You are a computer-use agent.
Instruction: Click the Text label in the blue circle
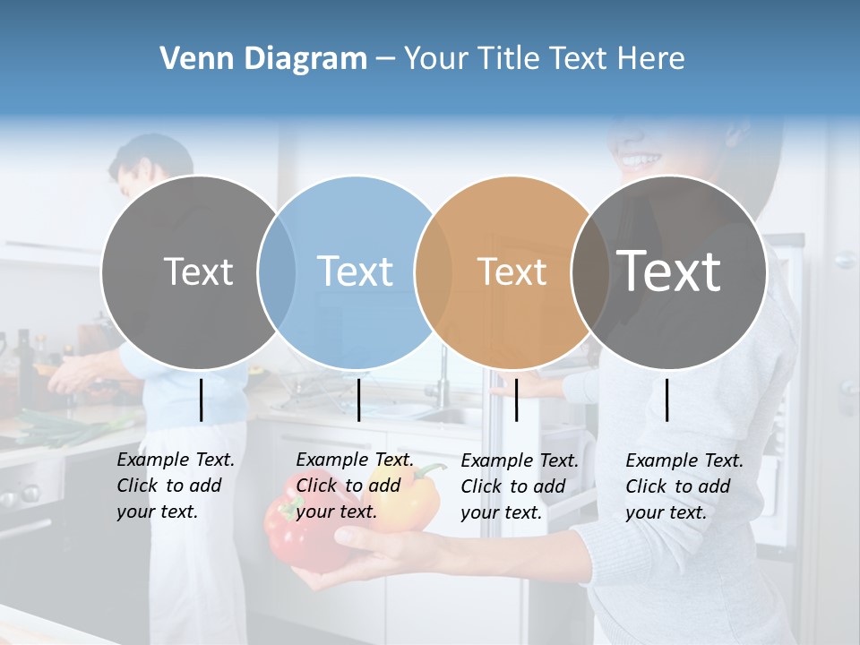(x=356, y=271)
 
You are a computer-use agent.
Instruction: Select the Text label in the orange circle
(x=512, y=271)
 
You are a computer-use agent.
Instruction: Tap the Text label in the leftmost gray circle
(x=198, y=271)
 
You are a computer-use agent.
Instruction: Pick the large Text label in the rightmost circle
(x=668, y=271)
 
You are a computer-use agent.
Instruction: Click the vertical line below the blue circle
(x=358, y=400)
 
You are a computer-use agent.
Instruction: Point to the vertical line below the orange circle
(x=516, y=400)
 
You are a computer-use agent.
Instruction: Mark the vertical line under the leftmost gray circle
(x=201, y=400)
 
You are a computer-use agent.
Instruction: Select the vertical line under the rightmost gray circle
(x=667, y=400)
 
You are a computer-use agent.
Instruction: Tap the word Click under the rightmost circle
(x=646, y=486)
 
